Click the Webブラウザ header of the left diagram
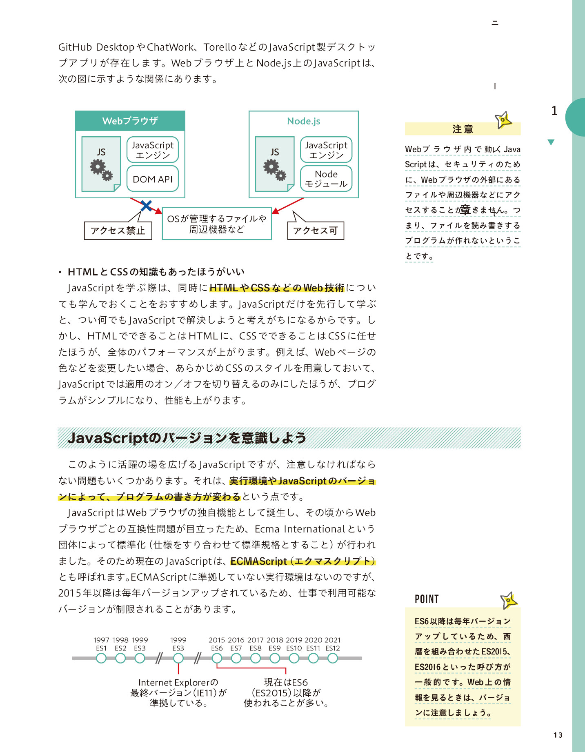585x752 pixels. (x=130, y=121)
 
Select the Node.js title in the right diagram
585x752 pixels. (x=303, y=121)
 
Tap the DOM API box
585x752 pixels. (x=153, y=179)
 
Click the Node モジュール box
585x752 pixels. (x=326, y=179)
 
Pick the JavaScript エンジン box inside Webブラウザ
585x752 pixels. (x=153, y=150)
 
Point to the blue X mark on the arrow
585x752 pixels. (x=146, y=206)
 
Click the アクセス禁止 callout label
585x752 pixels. (x=118, y=231)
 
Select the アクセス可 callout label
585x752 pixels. (x=316, y=231)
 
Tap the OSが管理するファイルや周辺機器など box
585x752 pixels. (x=217, y=224)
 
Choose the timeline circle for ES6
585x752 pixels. (x=217, y=658)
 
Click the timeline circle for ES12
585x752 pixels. (x=333, y=658)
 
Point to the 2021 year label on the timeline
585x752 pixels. (x=333, y=640)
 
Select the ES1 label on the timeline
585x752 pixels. (x=101, y=648)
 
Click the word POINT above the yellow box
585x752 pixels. (x=427, y=599)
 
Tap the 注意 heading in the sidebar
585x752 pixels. (x=463, y=129)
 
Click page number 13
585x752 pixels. (x=558, y=735)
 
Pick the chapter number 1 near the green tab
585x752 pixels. (x=554, y=111)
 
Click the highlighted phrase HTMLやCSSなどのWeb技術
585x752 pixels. (x=277, y=288)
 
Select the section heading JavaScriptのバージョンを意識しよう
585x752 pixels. (x=187, y=438)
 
